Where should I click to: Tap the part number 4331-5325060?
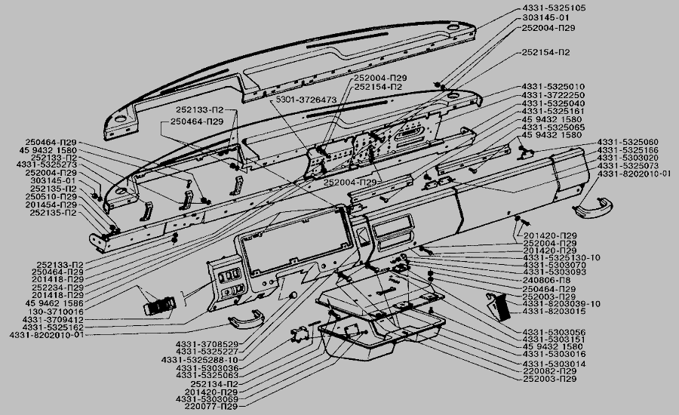click(x=628, y=142)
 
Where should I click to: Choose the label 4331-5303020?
click(x=628, y=158)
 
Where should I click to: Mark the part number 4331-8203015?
click(x=553, y=311)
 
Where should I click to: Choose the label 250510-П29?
click(x=51, y=197)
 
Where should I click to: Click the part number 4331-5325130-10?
click(x=561, y=258)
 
